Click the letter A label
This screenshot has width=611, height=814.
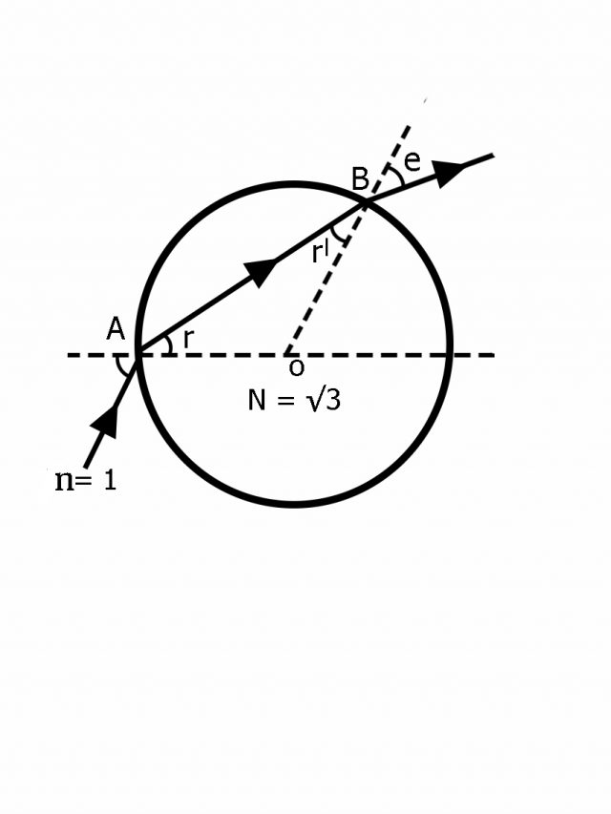[116, 329]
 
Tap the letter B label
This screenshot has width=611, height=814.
[360, 177]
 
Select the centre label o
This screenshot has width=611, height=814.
[296, 367]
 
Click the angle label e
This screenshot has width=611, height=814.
[412, 160]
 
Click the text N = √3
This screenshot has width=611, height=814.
[294, 400]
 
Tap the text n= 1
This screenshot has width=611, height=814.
[86, 479]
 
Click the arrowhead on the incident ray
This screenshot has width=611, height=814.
[108, 420]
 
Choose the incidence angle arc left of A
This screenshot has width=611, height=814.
[118, 365]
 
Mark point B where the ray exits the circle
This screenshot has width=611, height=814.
[366, 202]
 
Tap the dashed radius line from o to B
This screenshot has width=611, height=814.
[325, 279]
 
